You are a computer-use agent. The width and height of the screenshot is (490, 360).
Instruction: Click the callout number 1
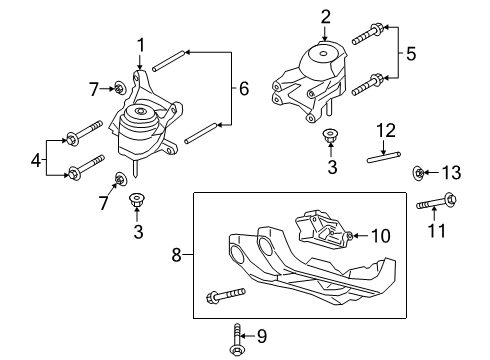click(x=141, y=45)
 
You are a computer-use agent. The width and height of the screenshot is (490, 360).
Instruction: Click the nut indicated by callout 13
click(x=419, y=174)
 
